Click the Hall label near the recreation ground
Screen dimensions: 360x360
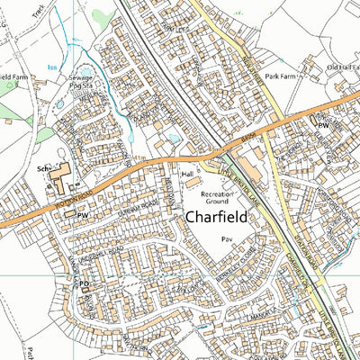pyautogui.click(x=188, y=173)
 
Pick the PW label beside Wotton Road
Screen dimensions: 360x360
pyautogui.click(x=82, y=217)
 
